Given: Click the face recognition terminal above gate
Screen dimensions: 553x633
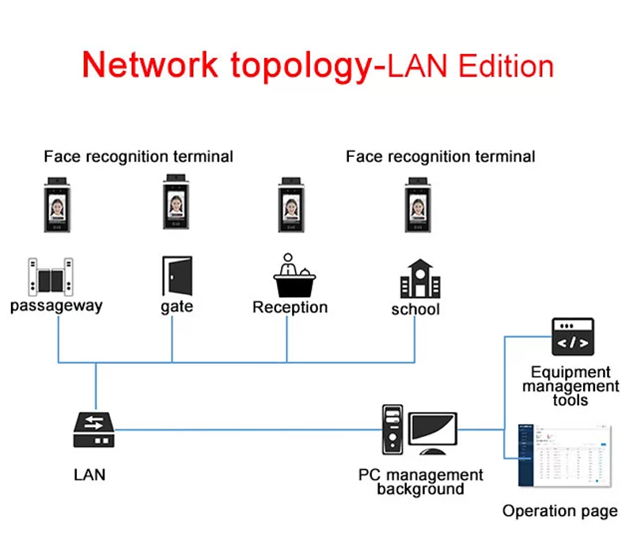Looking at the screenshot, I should pos(176,204).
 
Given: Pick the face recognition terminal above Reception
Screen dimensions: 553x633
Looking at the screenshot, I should pos(291,204).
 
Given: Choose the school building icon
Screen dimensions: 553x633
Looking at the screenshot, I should pos(416,277).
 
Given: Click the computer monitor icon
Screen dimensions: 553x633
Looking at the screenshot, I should pos(432,433).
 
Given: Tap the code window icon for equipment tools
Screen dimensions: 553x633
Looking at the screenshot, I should pos(573,336).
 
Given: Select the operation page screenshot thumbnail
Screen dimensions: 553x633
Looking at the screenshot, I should pos(565,456).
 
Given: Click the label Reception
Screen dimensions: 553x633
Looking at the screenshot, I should pos(290,307).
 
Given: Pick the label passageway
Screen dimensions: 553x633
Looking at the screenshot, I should pos(56,306).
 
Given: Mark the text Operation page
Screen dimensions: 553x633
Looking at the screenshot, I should pos(559,511).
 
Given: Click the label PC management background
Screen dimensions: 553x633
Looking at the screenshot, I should pos(420,482).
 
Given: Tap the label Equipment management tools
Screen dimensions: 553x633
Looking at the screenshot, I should pos(570,386).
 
